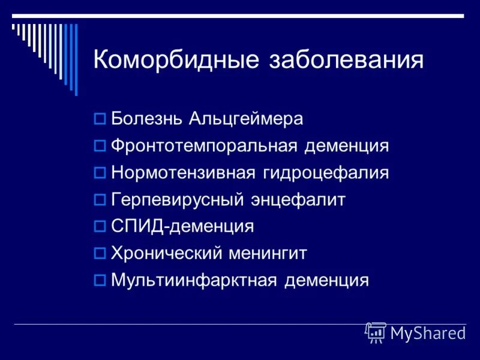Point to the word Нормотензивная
coord(184,173)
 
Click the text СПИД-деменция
coord(182,227)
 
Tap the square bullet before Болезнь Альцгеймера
coord(100,119)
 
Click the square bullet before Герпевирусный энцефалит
coord(100,200)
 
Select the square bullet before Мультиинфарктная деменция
coord(100,281)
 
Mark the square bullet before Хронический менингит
coord(100,254)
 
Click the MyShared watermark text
coord(428,334)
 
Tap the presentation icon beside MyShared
coord(375,332)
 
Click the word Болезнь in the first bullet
coord(148,118)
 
